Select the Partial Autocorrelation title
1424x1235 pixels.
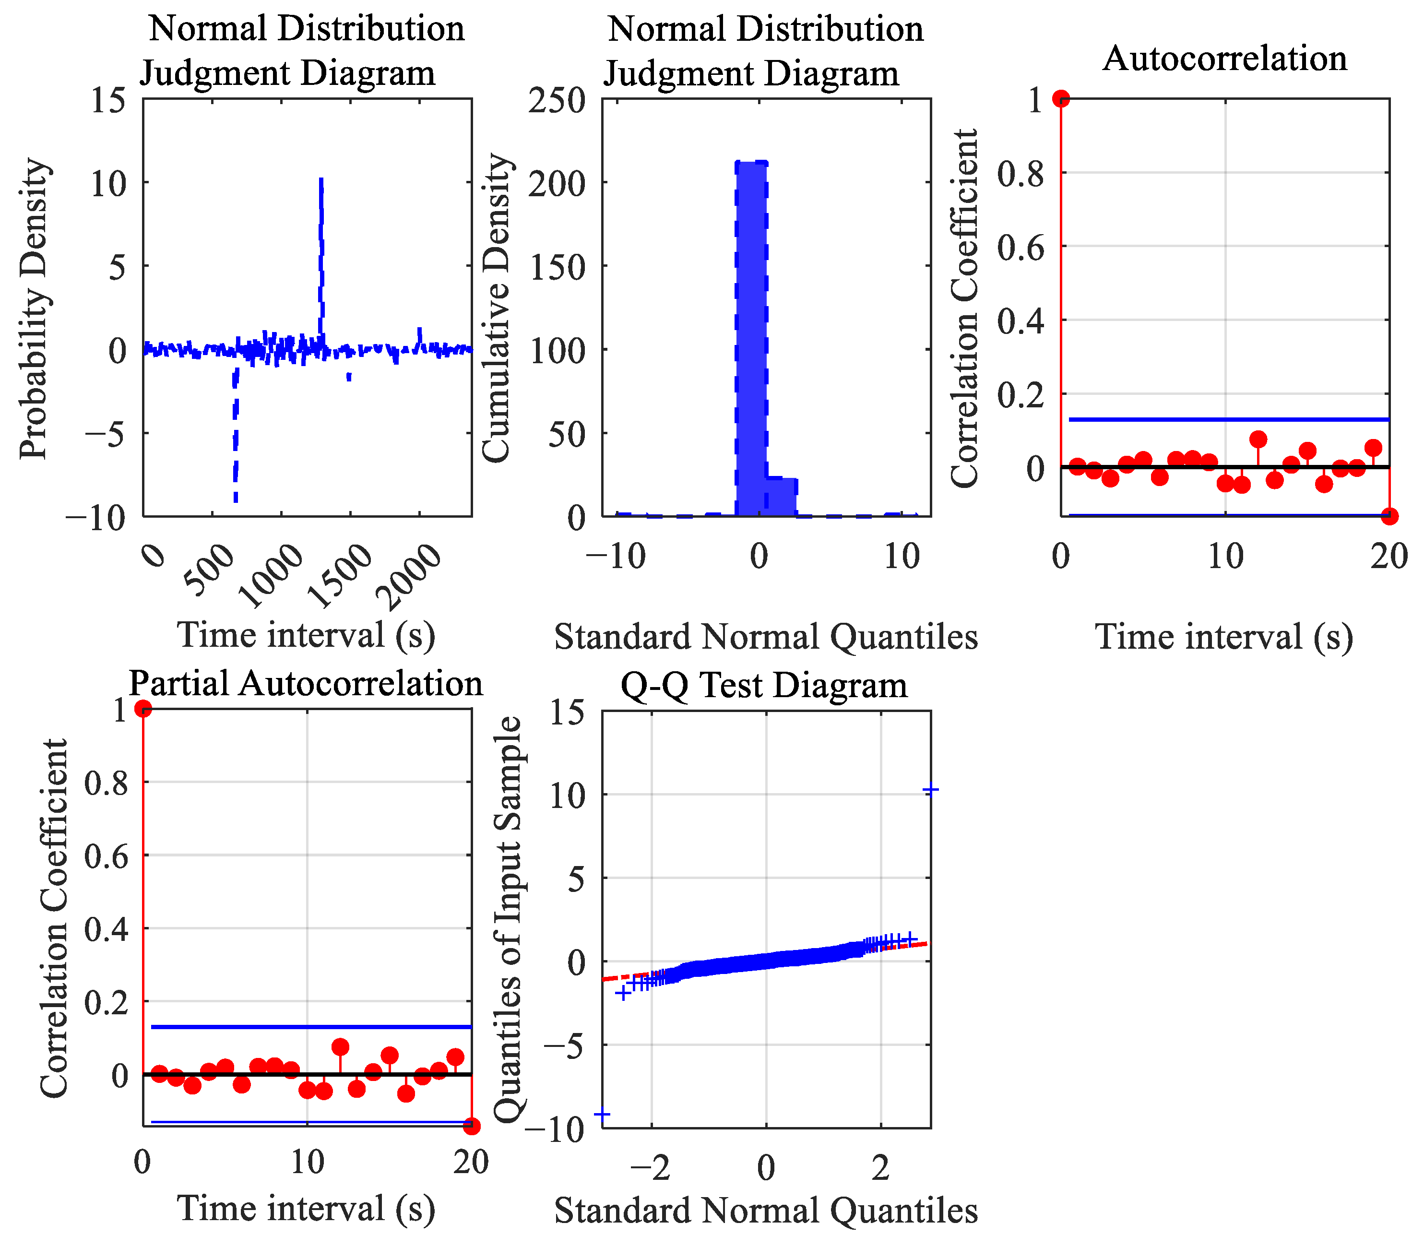tap(306, 684)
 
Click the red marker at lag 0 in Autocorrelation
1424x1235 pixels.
tap(1061, 98)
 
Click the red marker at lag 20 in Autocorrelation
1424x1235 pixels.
tap(1389, 515)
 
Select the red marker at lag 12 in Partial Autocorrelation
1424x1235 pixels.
tap(340, 1047)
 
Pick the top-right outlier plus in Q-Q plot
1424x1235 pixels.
tap(930, 790)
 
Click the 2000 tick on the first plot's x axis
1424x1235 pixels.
tap(412, 578)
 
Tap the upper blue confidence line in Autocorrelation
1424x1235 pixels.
tap(1227, 419)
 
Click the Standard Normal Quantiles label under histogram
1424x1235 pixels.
tap(766, 637)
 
